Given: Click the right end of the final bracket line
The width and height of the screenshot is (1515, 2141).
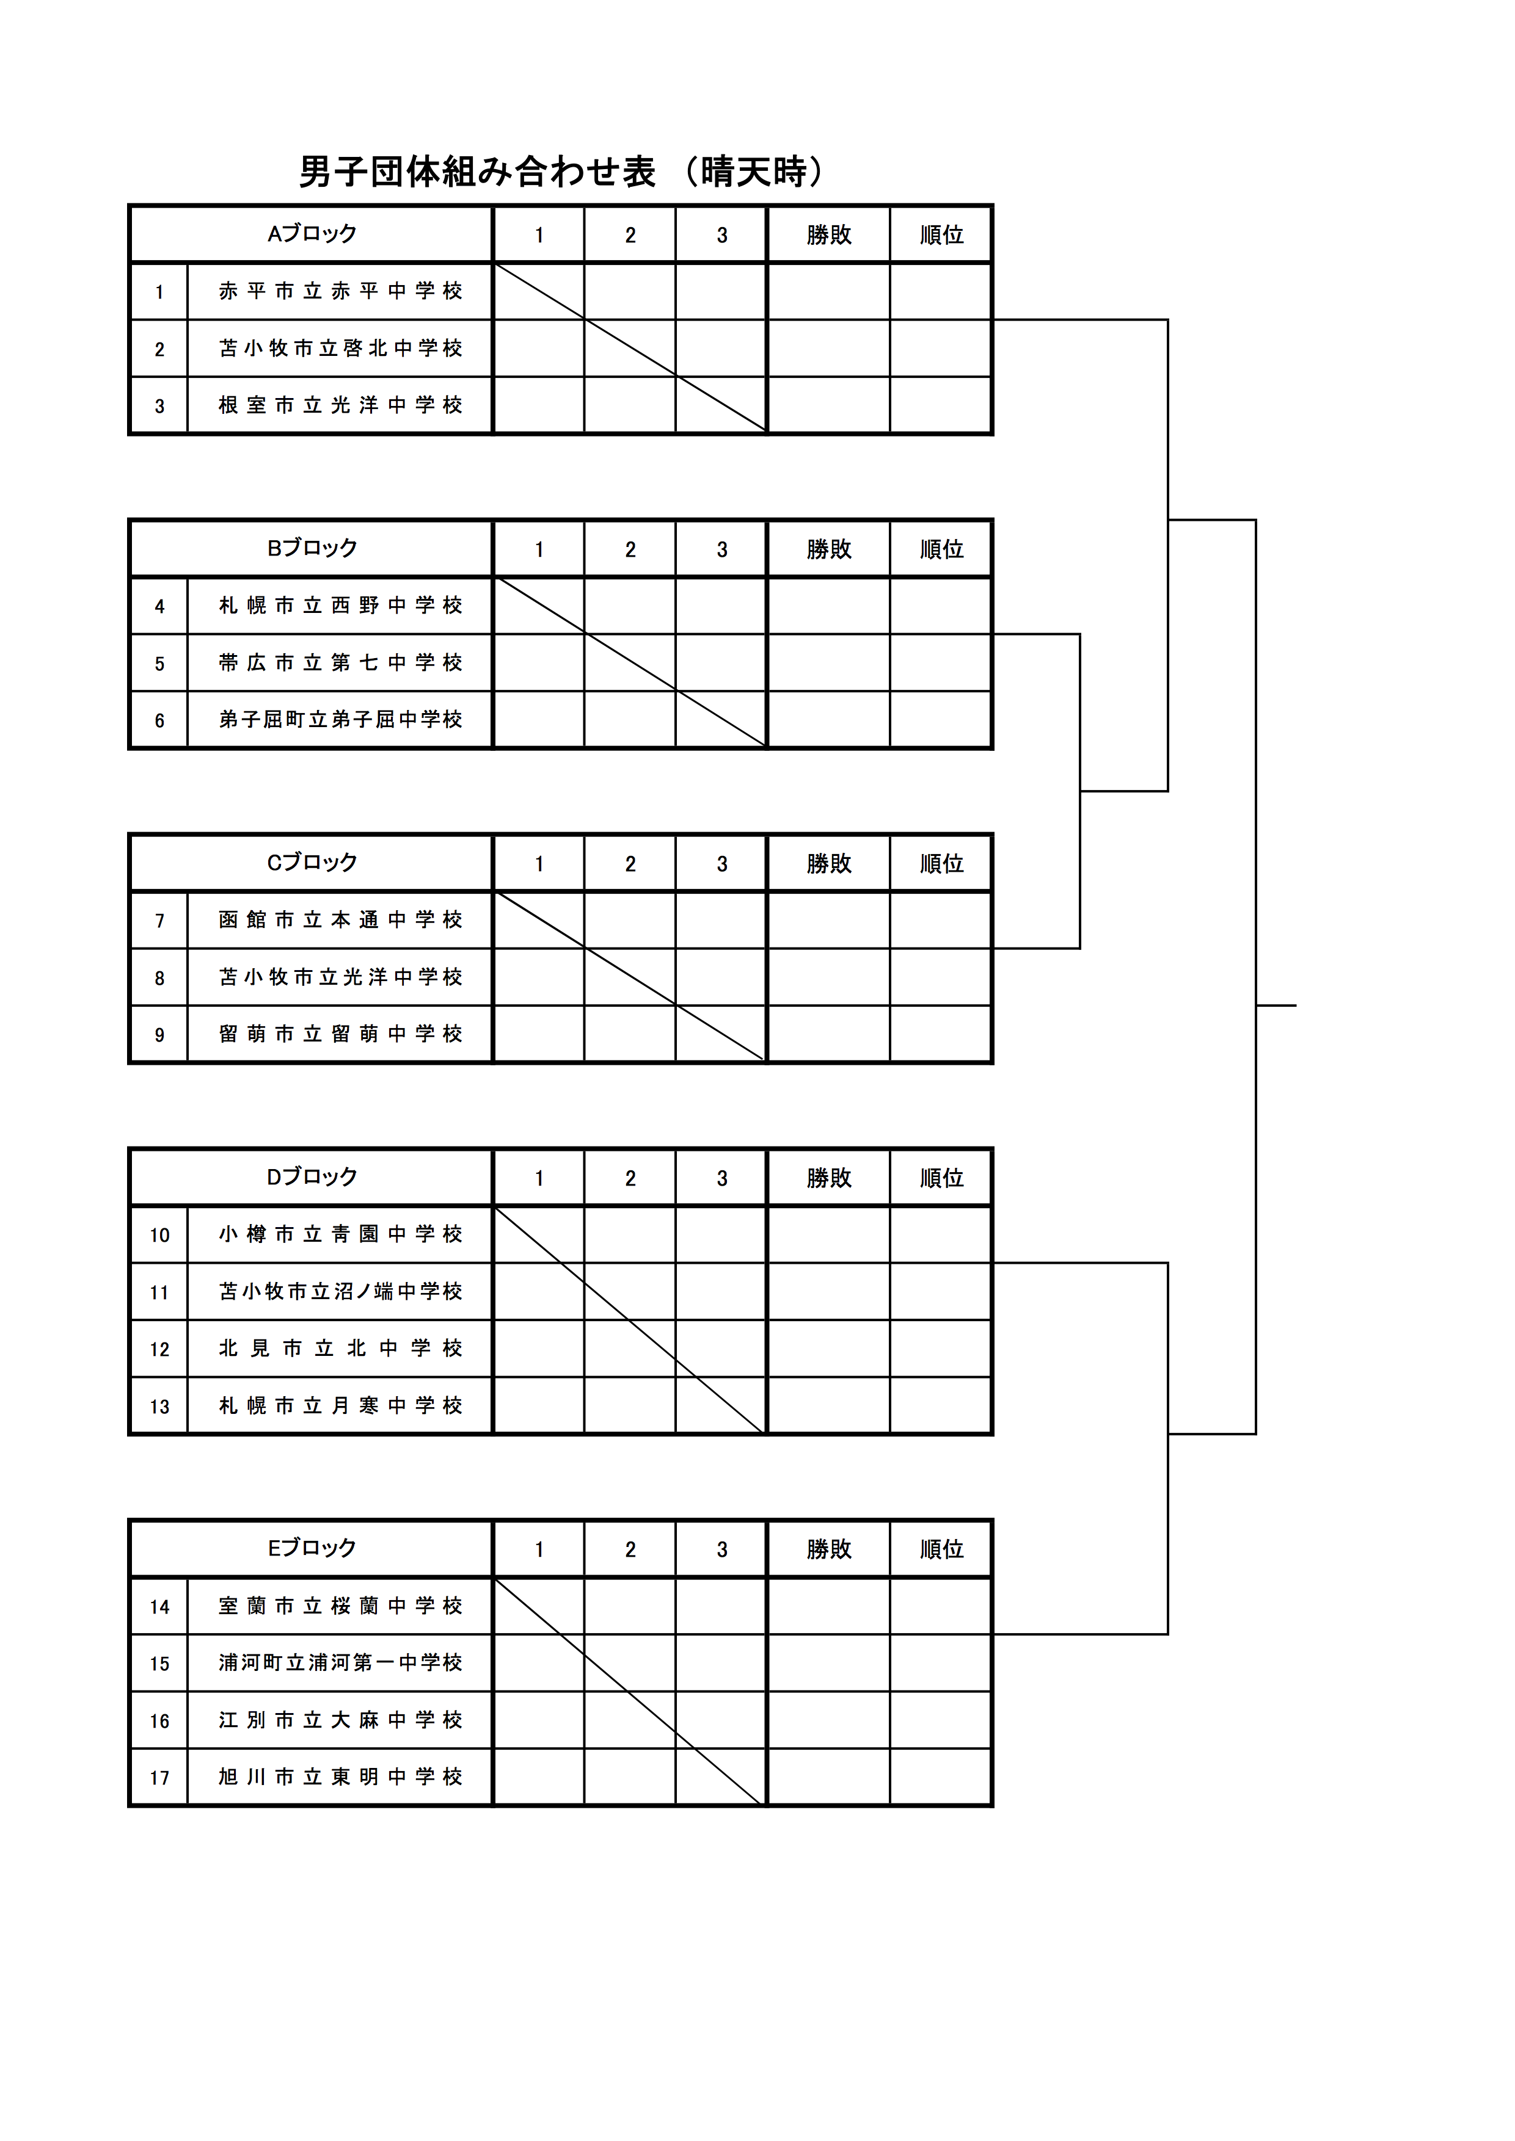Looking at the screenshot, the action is tap(1297, 1005).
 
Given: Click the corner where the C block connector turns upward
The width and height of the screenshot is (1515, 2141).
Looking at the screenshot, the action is tap(1080, 948).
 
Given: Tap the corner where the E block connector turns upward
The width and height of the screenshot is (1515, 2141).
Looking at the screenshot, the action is tap(1168, 1634).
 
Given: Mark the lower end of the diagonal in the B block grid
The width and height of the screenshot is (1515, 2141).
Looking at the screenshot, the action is tap(767, 747).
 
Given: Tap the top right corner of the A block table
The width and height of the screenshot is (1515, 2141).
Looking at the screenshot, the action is tap(993, 205).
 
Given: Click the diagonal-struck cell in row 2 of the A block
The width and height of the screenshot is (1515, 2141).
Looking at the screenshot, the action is tap(630, 348).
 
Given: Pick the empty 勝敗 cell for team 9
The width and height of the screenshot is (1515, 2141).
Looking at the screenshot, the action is tap(828, 1033).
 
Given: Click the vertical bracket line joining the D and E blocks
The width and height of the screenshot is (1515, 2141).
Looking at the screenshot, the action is tap(1168, 1448).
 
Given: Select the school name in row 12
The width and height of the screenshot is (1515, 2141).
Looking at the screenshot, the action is tap(340, 1349).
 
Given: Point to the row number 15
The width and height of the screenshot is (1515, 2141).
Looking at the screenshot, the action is tap(159, 1664).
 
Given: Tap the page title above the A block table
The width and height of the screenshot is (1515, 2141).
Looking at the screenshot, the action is tap(563, 172).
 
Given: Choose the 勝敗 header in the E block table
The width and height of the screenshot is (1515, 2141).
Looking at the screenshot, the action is tap(828, 1549).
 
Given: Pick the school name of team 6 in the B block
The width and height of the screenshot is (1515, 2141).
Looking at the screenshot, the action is tap(340, 719).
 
